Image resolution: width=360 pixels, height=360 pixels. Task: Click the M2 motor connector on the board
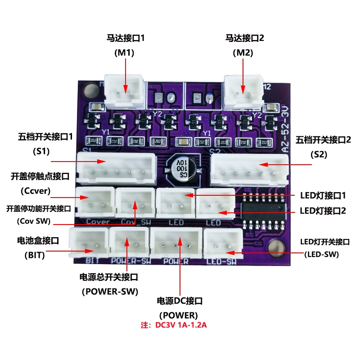(243, 89)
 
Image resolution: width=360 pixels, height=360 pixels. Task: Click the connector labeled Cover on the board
(94, 202)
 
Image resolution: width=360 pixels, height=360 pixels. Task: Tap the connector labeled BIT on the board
(88, 243)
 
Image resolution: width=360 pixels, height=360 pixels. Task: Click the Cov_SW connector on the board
(135, 202)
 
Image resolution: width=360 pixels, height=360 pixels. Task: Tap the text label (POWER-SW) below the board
(110, 291)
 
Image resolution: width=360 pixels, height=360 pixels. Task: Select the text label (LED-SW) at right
(321, 255)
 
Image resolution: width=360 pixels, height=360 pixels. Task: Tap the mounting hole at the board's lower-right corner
(275, 248)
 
